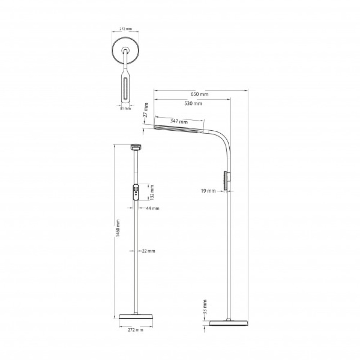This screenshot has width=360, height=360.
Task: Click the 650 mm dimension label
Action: coord(199,94)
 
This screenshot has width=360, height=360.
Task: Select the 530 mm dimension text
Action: coord(193,103)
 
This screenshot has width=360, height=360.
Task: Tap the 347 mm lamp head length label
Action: coord(179,121)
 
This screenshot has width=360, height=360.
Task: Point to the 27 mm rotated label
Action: coord(145,110)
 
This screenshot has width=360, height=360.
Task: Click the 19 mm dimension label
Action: coord(208,190)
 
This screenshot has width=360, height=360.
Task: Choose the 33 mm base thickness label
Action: coord(205,307)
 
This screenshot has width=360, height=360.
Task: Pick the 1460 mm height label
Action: coord(118,228)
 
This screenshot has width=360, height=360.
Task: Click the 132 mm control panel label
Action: coord(152,192)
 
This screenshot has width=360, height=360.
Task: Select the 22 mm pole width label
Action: coord(148,251)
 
